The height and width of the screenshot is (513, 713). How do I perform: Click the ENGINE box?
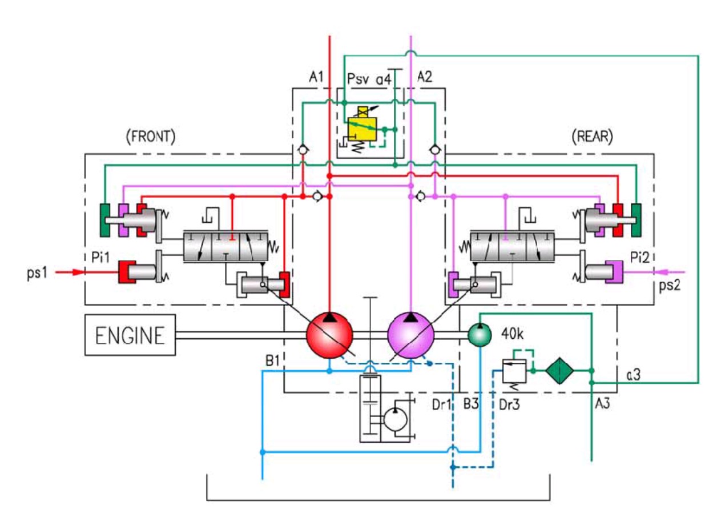[x=130, y=335]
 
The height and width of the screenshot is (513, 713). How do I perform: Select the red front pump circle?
[x=329, y=335]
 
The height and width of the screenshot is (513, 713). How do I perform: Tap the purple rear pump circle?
[x=411, y=335]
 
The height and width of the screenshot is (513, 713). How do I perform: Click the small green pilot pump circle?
[x=480, y=335]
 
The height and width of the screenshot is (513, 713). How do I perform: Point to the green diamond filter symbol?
[x=559, y=371]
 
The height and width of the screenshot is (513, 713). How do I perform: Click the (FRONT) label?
[x=151, y=137]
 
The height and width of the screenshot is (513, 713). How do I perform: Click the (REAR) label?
[x=593, y=137]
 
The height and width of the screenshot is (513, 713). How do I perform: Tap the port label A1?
[x=316, y=77]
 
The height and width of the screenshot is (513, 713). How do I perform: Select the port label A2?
[x=425, y=77]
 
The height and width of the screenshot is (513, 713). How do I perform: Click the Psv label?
[x=358, y=79]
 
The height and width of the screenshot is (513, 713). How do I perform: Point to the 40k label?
[x=512, y=334]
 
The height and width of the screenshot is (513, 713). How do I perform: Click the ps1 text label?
[x=37, y=273]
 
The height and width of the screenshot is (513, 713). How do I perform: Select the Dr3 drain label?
[x=509, y=404]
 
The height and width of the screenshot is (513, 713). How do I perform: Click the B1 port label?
[x=272, y=361]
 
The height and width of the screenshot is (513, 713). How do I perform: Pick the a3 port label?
[x=633, y=375]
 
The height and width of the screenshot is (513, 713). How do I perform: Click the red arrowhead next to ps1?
[x=78, y=272]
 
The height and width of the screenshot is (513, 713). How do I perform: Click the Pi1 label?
[x=100, y=257]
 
